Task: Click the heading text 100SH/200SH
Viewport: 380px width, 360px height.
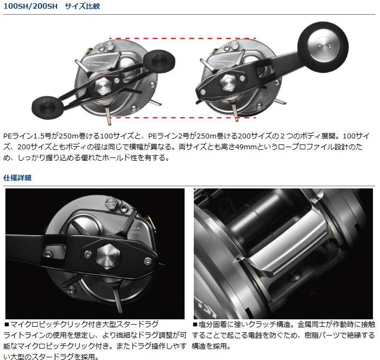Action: point(30,6)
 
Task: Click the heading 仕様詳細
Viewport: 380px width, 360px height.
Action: point(17,178)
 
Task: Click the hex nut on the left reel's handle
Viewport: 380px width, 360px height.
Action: point(104,86)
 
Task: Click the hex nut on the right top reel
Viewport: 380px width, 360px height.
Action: point(229,83)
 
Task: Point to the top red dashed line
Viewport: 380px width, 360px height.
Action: point(182,39)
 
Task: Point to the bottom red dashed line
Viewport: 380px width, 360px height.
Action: point(182,117)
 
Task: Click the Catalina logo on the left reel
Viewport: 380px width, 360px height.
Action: point(98,62)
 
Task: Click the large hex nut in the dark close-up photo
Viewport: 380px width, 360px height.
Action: point(108,256)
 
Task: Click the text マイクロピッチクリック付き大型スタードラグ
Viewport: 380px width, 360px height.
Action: point(84,324)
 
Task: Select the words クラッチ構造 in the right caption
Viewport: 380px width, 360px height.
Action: point(269,324)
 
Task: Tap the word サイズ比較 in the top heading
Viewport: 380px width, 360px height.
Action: point(83,6)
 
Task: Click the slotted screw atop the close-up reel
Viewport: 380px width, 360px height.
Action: point(111,201)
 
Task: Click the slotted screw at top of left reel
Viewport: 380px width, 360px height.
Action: point(110,45)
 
